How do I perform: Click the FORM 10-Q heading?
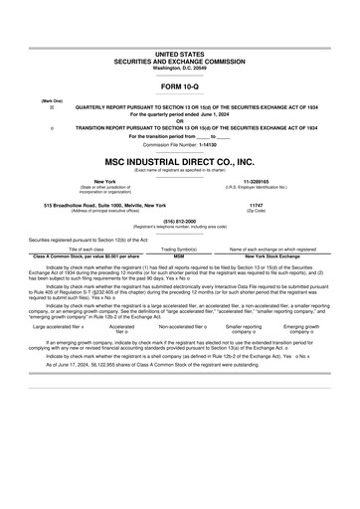tap(179, 86)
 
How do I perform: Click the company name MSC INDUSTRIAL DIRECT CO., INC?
tap(179, 160)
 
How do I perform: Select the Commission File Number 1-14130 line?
tap(179, 144)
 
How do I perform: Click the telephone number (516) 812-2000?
tap(179, 222)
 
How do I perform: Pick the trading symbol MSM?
tap(180, 255)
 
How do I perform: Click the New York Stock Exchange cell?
tap(272, 255)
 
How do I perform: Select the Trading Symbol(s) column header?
tap(180, 249)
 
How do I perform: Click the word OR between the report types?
tap(179, 121)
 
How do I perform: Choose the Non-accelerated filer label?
tap(182, 326)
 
